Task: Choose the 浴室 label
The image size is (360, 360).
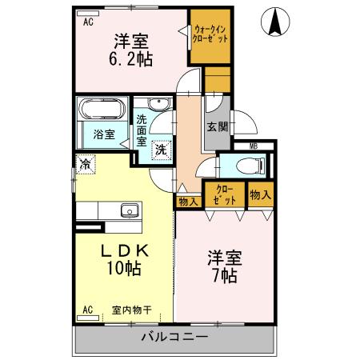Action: [103, 133]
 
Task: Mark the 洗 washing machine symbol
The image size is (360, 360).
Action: [161, 148]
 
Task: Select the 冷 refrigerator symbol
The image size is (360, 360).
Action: [84, 162]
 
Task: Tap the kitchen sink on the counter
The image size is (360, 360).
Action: [128, 211]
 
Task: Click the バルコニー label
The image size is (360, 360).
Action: [175, 337]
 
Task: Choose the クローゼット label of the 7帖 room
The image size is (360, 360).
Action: [226, 194]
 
